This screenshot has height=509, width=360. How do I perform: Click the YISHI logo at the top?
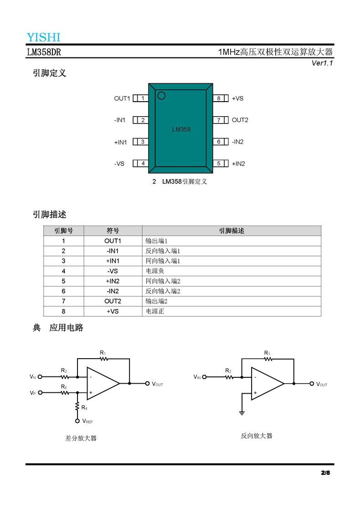[43, 37]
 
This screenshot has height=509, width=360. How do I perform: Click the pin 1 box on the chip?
[143, 98]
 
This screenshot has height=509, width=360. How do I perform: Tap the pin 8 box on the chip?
[219, 98]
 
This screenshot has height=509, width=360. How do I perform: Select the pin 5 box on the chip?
[219, 163]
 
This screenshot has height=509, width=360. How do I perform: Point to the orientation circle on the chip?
[161, 96]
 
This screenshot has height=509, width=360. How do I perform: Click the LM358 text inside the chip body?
[181, 129]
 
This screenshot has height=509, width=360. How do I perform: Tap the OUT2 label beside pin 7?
[240, 120]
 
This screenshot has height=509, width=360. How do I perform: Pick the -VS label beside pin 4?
[119, 163]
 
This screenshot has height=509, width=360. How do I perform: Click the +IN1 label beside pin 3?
[120, 142]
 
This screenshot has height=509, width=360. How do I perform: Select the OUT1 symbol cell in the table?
[113, 241]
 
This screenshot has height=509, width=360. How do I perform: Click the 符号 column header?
[113, 231]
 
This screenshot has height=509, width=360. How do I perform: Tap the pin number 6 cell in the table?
[63, 291]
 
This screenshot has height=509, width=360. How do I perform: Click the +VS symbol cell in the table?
[113, 311]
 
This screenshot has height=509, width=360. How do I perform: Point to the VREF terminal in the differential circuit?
[77, 421]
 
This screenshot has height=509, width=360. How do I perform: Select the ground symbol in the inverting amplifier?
[242, 412]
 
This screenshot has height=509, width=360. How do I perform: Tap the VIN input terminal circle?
[204, 377]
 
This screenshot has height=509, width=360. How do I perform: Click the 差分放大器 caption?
[81, 438]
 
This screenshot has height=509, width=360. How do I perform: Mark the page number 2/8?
[325, 473]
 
